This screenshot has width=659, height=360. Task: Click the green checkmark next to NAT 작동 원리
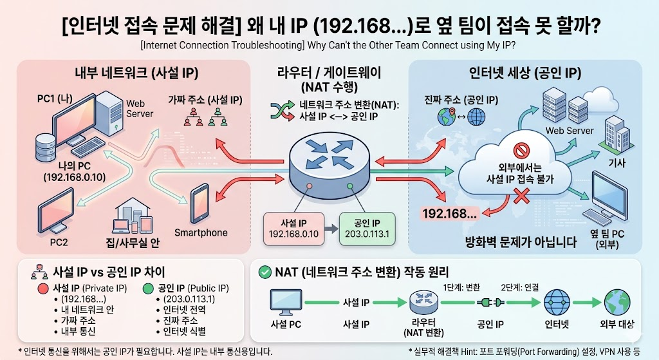point(263,272)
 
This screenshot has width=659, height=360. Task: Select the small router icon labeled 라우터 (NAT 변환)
point(422,302)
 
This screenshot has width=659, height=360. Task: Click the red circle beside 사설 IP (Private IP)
point(44,288)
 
